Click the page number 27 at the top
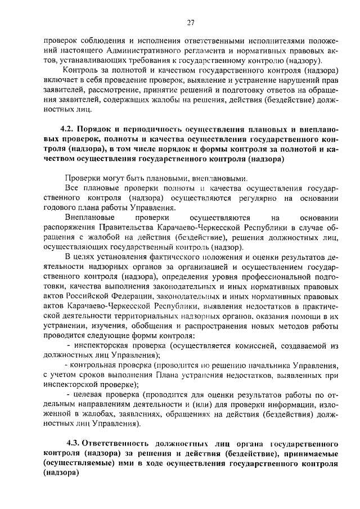(191, 22)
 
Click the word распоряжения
(71, 228)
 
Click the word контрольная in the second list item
(94, 366)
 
